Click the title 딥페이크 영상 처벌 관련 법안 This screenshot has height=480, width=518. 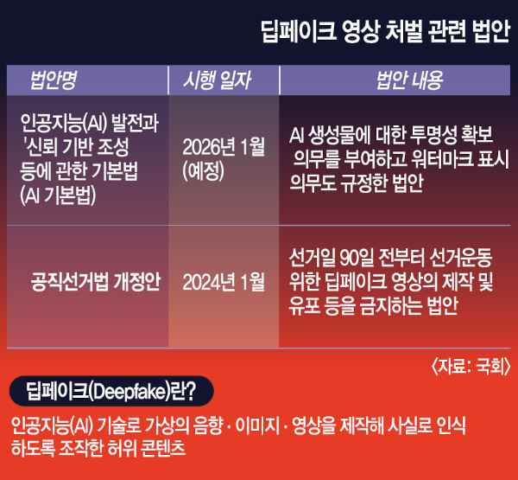click(386, 31)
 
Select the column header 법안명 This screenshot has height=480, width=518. click(54, 80)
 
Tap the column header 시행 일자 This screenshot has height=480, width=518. click(217, 80)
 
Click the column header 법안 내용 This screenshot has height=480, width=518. click(409, 80)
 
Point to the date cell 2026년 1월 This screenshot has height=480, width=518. click(224, 147)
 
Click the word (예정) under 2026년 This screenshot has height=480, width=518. click(203, 171)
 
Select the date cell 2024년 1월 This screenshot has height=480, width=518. click(224, 282)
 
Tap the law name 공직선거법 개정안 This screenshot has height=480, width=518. click(96, 282)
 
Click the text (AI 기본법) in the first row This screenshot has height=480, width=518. click(58, 195)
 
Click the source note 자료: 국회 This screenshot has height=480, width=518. click(471, 367)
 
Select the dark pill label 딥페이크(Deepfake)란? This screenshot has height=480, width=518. click(111, 391)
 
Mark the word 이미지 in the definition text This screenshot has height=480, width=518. click(257, 426)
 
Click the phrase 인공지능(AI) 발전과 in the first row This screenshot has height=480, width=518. click(89, 123)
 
